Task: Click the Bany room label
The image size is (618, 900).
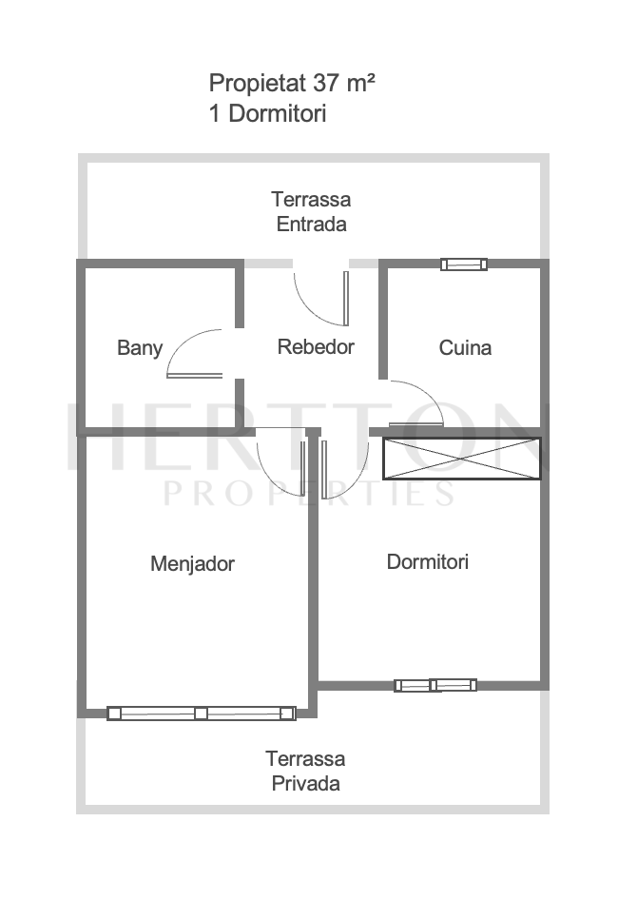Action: click(x=140, y=348)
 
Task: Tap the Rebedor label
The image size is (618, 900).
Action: click(x=316, y=346)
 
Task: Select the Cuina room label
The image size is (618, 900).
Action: click(x=465, y=348)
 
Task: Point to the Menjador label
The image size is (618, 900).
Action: click(x=192, y=563)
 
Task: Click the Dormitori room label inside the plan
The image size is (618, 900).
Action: click(x=428, y=561)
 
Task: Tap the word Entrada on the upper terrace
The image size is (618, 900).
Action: click(x=311, y=224)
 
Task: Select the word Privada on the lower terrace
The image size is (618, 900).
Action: click(x=305, y=784)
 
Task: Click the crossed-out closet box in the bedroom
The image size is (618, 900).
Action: click(x=462, y=459)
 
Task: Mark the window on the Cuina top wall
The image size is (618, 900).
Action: click(x=464, y=264)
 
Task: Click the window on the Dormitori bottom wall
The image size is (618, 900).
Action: click(x=435, y=685)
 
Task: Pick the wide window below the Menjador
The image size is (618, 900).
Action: click(x=202, y=714)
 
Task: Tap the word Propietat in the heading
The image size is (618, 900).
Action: click(x=258, y=84)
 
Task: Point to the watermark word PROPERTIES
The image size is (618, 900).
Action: click(x=309, y=494)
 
